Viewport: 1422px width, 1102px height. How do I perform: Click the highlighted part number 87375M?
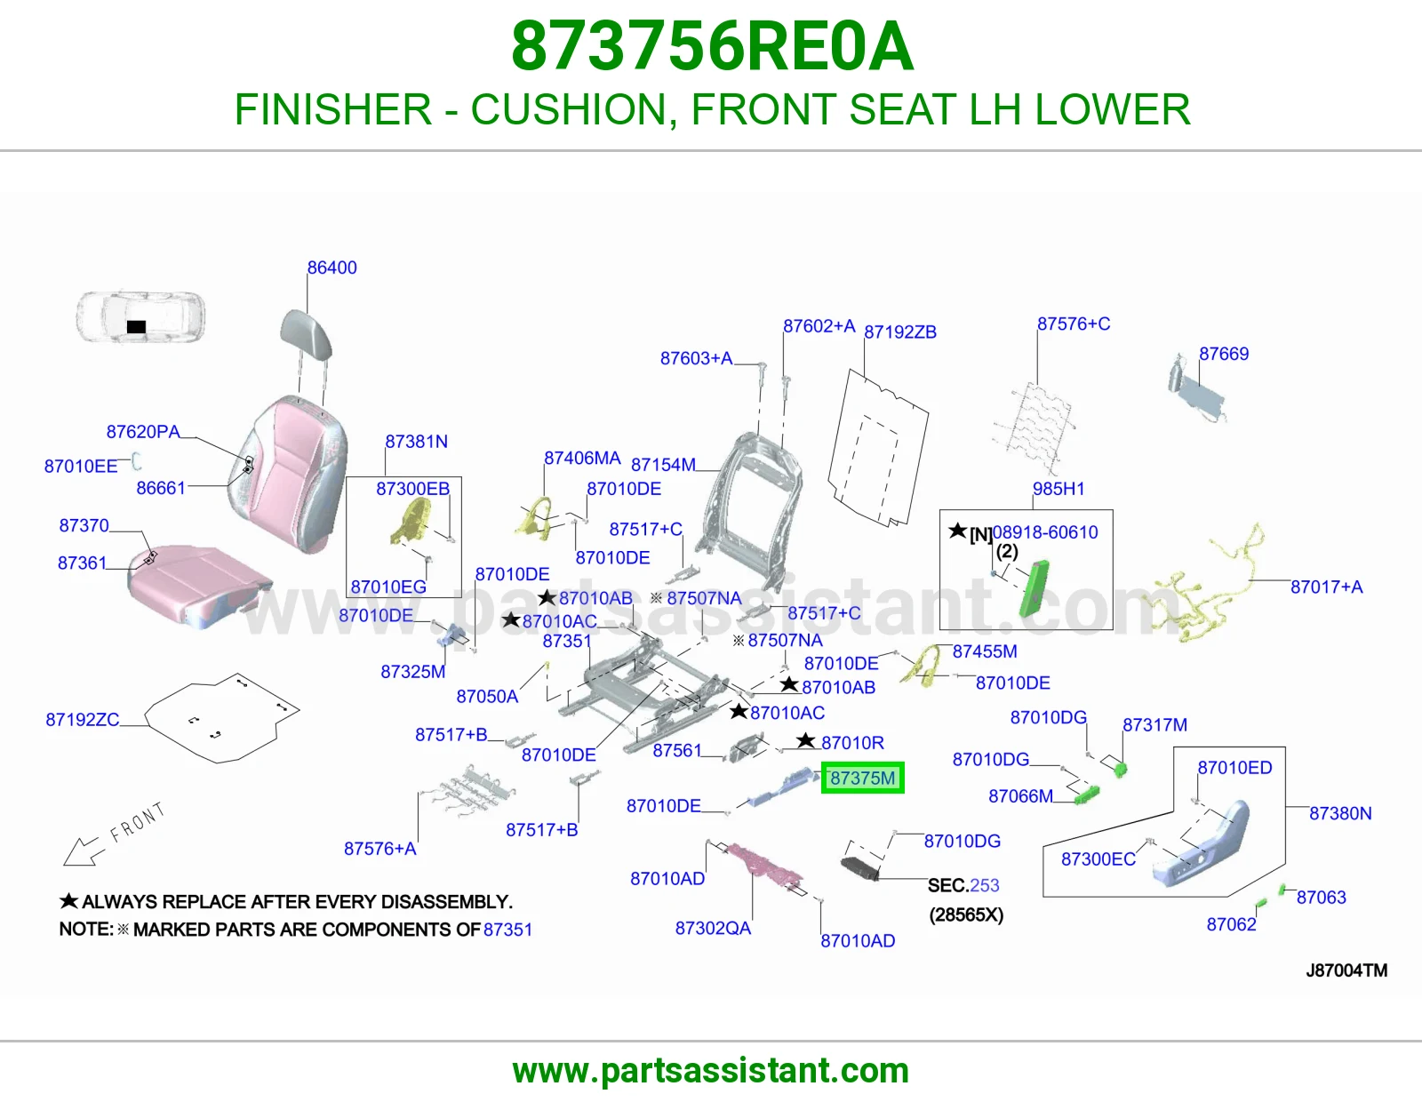click(862, 779)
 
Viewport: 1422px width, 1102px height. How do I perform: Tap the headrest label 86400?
click(332, 268)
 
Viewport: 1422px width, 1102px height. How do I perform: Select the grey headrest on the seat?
click(306, 334)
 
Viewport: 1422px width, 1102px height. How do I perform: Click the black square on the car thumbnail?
click(136, 326)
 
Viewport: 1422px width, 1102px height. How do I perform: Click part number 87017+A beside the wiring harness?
click(1326, 587)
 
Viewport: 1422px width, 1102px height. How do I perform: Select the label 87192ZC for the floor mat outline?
click(83, 720)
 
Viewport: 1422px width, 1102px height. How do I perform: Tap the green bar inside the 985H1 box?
click(1034, 589)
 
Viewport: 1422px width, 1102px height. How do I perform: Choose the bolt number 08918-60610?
click(1045, 532)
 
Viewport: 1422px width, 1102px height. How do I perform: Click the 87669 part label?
click(1224, 354)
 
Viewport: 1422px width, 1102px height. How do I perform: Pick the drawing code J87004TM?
click(1346, 970)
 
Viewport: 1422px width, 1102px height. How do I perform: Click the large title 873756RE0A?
click(712, 46)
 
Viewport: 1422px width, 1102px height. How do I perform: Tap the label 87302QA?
click(713, 928)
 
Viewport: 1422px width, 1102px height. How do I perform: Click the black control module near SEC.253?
click(860, 868)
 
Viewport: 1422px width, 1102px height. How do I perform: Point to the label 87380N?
click(1340, 813)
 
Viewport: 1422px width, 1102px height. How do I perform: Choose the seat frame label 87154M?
click(663, 465)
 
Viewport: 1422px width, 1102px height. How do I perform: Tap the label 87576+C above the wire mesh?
click(1074, 323)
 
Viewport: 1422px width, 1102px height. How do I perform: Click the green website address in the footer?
click(711, 1071)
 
